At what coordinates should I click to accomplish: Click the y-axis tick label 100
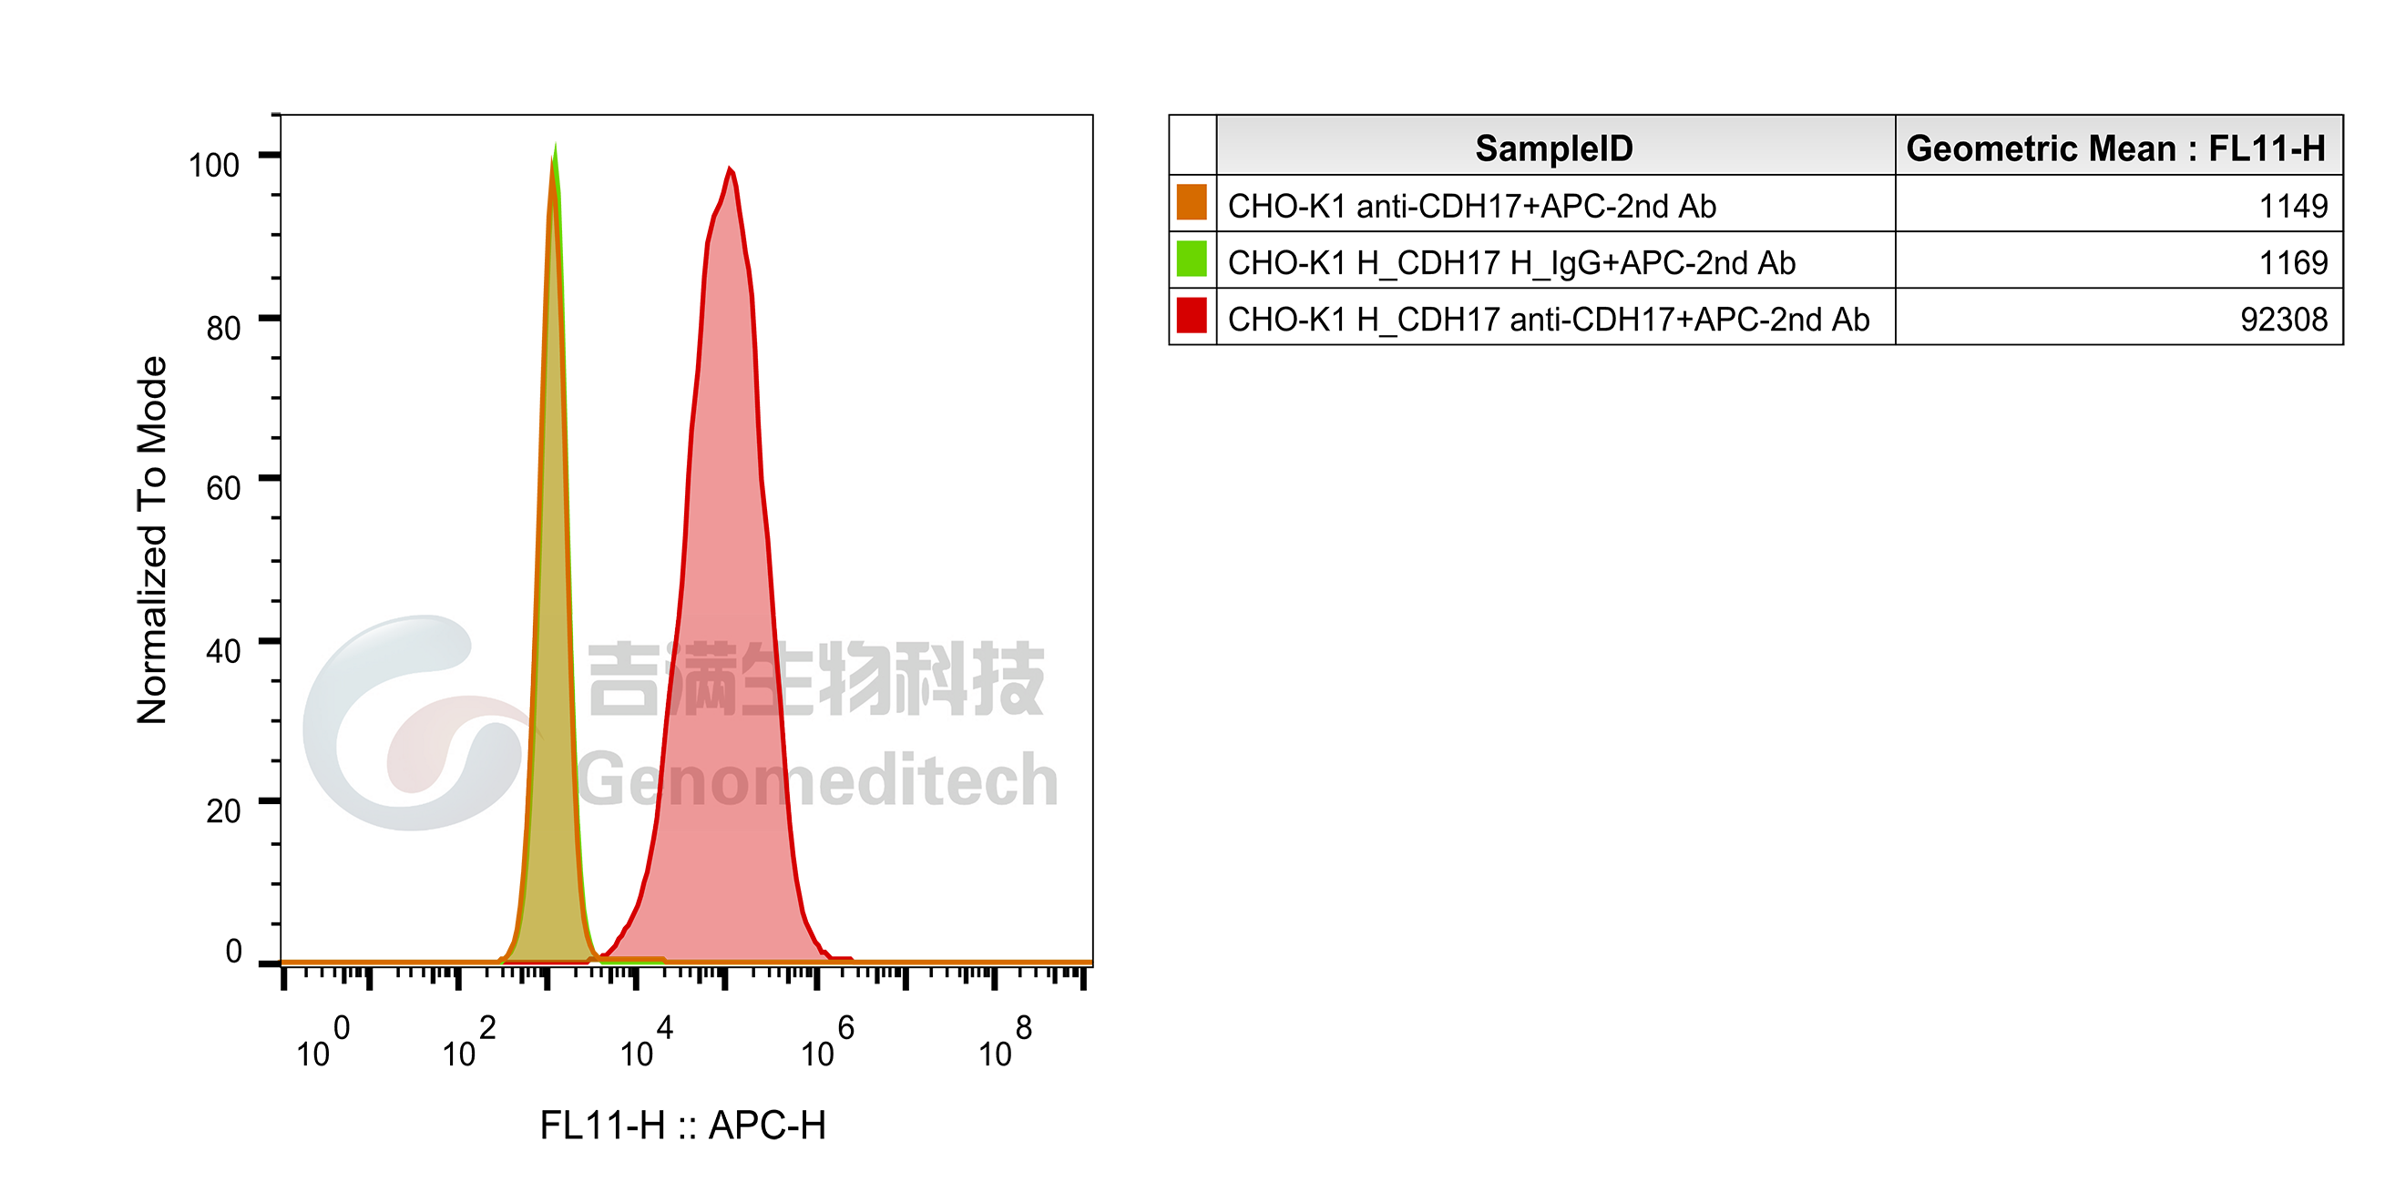(x=214, y=165)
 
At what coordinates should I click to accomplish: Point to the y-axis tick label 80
(x=223, y=329)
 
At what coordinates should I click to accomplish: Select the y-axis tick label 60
(x=223, y=488)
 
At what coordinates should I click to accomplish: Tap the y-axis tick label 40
(x=223, y=650)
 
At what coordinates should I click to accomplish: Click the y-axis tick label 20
(x=223, y=811)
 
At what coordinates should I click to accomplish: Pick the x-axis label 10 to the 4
(x=646, y=1042)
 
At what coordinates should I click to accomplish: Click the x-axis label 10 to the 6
(x=827, y=1042)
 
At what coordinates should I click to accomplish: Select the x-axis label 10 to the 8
(x=1005, y=1042)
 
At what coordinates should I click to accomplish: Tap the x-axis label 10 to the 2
(x=468, y=1042)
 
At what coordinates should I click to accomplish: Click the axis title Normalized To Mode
(x=151, y=539)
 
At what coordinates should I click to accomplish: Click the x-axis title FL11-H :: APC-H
(x=682, y=1126)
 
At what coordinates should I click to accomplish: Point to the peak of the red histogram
(x=730, y=168)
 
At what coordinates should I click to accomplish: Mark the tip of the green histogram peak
(x=556, y=145)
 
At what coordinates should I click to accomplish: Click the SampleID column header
(x=1554, y=148)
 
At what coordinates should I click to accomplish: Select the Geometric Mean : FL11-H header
(x=2115, y=148)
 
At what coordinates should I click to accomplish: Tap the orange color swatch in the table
(x=1192, y=202)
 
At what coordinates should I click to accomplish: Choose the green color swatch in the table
(x=1192, y=259)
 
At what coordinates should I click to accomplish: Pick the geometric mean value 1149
(x=2293, y=206)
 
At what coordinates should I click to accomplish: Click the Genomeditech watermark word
(x=818, y=780)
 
